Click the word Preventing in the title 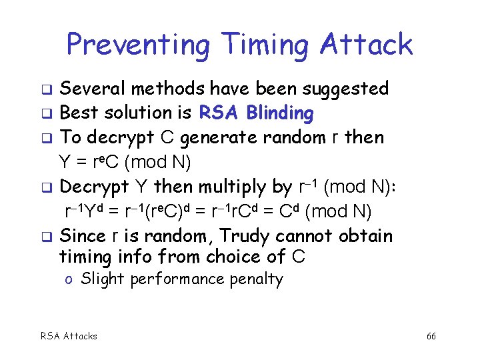click(137, 45)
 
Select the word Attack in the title click(367, 45)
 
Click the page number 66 click(431, 336)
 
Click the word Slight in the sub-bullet click(103, 279)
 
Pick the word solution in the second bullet click(137, 113)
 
